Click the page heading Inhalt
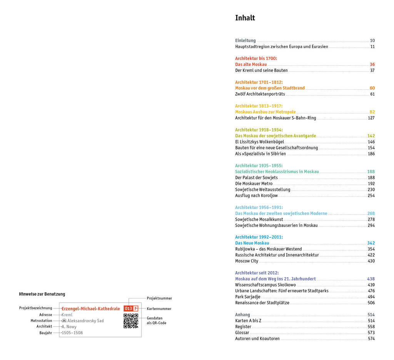tap(245, 18)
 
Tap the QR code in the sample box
tap(131, 321)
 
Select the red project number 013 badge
tap(129, 308)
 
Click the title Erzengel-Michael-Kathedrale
tap(91, 308)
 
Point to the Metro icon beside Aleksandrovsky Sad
tap(64, 321)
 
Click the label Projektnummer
tap(159, 298)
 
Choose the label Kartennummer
tap(159, 308)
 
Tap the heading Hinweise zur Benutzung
tap(42, 294)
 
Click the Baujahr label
tap(45, 333)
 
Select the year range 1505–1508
tap(72, 333)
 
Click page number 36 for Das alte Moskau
tap(372, 65)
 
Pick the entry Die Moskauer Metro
tap(254, 184)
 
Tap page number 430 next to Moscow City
tap(371, 261)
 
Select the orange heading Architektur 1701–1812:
tap(259, 82)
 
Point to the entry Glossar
tap(242, 333)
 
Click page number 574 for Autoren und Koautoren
tap(371, 339)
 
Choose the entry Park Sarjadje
tap(247, 297)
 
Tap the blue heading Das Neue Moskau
tap(252, 243)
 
